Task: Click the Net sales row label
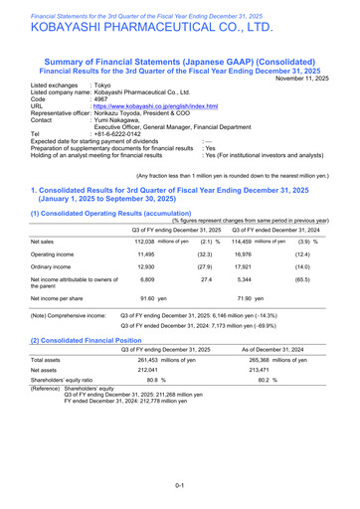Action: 43,242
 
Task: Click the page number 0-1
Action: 180,484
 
